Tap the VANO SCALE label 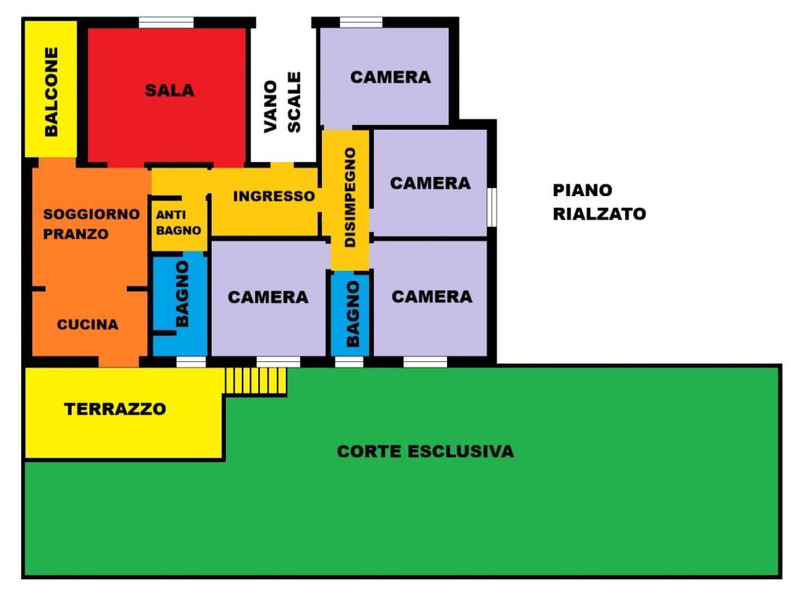pos(283,103)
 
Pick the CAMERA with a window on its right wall pos(430,183)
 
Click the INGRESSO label pos(274,196)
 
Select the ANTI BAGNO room pos(179,223)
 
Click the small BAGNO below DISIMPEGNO pos(350,313)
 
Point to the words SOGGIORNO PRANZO pos(91,224)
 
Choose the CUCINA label pos(88,324)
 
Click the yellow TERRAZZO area pos(115,409)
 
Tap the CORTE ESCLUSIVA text pos(425,452)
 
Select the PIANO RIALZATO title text pos(598,202)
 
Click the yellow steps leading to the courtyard pos(255,382)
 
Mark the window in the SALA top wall pos(166,22)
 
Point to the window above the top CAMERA pos(360,22)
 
